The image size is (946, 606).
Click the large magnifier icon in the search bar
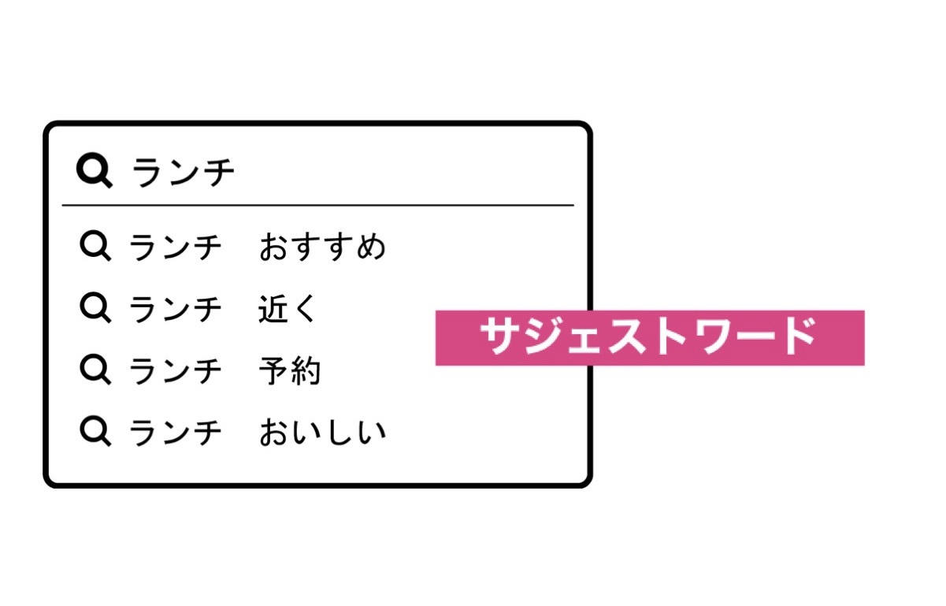point(95,170)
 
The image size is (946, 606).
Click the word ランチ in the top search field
point(184,172)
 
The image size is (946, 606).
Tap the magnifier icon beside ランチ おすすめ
point(95,246)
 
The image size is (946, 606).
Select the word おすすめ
point(322,247)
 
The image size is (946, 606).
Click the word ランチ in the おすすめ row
point(176,247)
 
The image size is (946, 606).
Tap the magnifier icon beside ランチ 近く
point(95,307)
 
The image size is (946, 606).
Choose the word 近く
point(288,308)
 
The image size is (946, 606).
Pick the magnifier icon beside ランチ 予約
point(95,370)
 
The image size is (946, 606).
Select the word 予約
point(290,370)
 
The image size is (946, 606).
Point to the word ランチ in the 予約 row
point(176,371)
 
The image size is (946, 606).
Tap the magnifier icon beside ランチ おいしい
point(95,431)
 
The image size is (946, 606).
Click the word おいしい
point(323,433)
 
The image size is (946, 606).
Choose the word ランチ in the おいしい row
point(176,433)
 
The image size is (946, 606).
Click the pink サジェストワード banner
point(650,337)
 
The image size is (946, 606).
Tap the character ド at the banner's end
point(799,336)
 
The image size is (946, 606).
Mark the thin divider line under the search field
point(318,206)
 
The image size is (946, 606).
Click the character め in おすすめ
point(371,247)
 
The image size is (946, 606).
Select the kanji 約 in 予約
point(306,370)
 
